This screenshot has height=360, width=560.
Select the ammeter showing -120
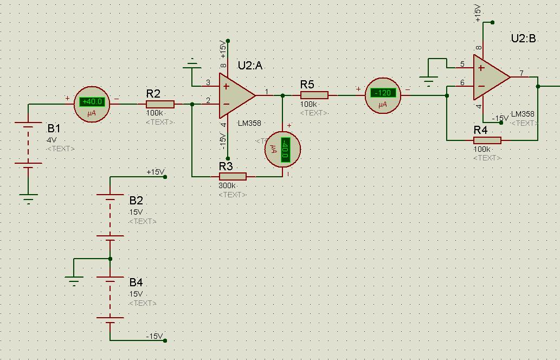[x=383, y=95]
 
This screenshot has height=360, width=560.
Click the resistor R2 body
[x=160, y=104]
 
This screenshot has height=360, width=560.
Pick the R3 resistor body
[x=233, y=176]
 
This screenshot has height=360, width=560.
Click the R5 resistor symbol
[x=314, y=95]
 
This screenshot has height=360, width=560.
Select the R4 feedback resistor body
[x=487, y=140]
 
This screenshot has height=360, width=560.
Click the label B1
[x=54, y=128]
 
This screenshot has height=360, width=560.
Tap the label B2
[x=136, y=201]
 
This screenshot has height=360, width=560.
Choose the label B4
[x=136, y=282]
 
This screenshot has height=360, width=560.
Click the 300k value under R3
[x=227, y=186]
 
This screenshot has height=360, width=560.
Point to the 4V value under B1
[x=52, y=140]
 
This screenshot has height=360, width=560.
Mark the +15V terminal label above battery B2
[x=155, y=172]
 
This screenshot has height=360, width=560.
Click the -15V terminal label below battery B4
[x=155, y=337]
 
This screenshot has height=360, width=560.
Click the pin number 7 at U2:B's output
[x=522, y=73]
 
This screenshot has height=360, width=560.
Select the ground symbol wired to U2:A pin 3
[x=192, y=66]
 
